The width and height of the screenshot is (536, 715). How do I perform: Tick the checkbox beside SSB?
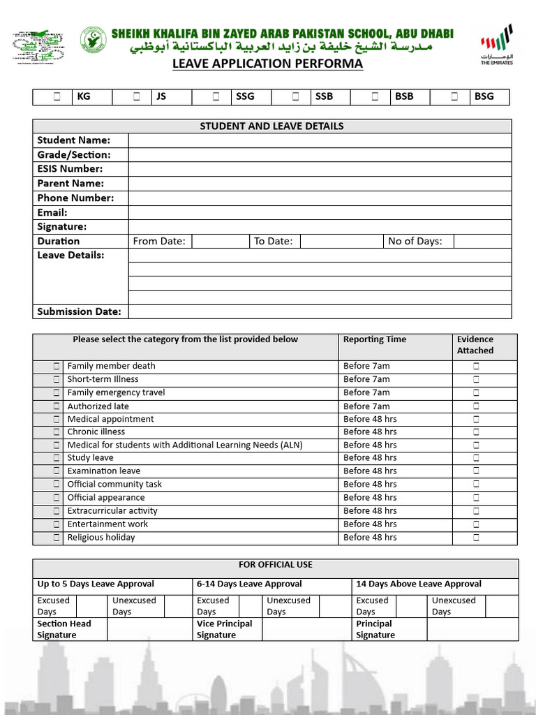[296, 97]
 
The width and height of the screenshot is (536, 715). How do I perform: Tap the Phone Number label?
[75, 198]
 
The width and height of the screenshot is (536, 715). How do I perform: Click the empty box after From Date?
[220, 241]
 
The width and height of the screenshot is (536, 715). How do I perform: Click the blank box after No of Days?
[482, 241]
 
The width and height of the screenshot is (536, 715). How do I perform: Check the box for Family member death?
[57, 366]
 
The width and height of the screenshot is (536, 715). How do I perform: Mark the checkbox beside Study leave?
[57, 458]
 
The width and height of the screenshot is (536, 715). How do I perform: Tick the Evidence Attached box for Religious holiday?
[476, 538]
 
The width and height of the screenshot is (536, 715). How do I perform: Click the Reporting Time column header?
[374, 339]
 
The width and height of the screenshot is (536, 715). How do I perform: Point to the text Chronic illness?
[96, 432]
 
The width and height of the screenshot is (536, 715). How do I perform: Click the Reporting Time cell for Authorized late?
[366, 406]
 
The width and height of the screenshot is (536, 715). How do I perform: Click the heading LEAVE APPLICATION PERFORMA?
[268, 64]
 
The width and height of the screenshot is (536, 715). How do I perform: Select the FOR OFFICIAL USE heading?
[275, 564]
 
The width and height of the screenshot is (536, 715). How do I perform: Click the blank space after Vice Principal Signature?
[307, 629]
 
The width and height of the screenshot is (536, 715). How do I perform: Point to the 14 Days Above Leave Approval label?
[419, 584]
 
